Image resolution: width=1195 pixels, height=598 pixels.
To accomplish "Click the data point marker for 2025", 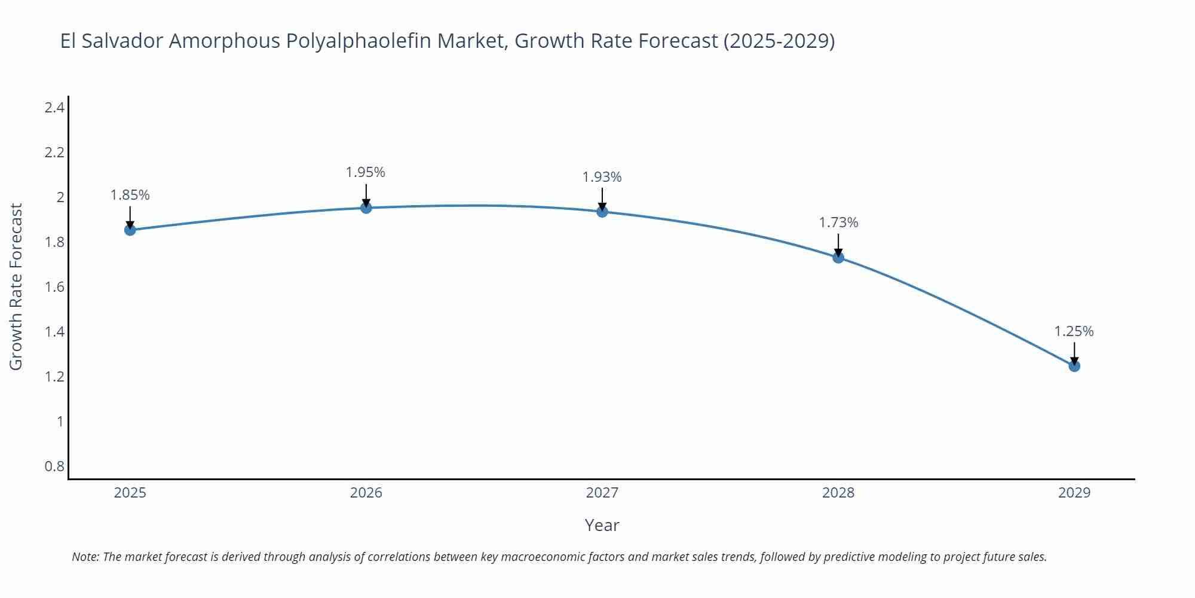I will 130,230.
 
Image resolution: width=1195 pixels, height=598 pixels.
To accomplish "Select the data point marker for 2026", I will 366,208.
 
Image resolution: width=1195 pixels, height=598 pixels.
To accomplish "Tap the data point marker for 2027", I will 602,212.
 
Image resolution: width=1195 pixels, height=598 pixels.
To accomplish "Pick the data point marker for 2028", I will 838,257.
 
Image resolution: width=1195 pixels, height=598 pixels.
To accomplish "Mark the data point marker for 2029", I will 1074,365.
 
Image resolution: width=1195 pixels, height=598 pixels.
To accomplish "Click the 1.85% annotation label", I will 130,195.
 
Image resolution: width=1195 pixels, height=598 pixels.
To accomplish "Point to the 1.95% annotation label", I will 366,172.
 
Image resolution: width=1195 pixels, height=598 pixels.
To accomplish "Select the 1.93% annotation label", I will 602,177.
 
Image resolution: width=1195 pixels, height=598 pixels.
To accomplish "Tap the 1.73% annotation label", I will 838,222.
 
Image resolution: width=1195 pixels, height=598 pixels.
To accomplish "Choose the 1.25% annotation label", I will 1074,331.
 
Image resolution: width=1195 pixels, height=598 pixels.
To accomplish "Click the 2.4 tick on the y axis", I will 54,108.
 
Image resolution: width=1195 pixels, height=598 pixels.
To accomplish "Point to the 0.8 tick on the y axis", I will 54,466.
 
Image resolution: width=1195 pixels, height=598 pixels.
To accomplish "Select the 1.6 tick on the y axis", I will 54,287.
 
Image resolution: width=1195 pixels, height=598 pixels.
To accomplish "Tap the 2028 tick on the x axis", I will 838,493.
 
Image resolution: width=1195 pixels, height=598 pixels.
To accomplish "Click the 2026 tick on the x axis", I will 366,493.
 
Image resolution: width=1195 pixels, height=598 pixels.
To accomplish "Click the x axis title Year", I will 602,525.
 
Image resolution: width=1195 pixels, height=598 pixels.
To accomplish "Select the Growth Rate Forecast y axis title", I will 16,286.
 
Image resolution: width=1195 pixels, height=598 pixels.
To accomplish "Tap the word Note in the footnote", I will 85,557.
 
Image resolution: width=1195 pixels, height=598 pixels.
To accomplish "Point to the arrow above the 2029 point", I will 1074,353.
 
